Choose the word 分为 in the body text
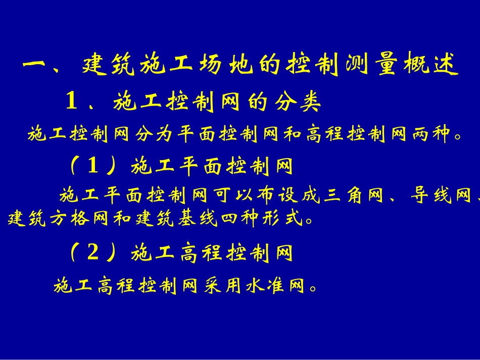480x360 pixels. click(155, 135)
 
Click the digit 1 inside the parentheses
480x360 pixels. click(92, 166)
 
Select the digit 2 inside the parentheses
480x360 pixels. click(92, 252)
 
